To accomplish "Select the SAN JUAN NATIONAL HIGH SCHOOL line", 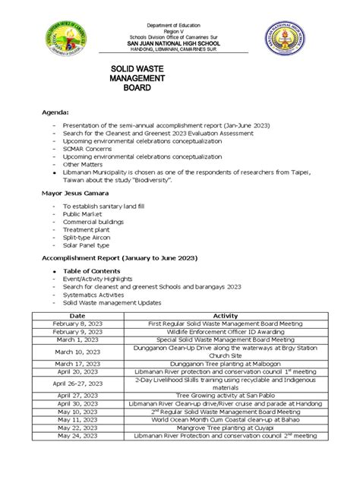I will (x=181, y=42).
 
